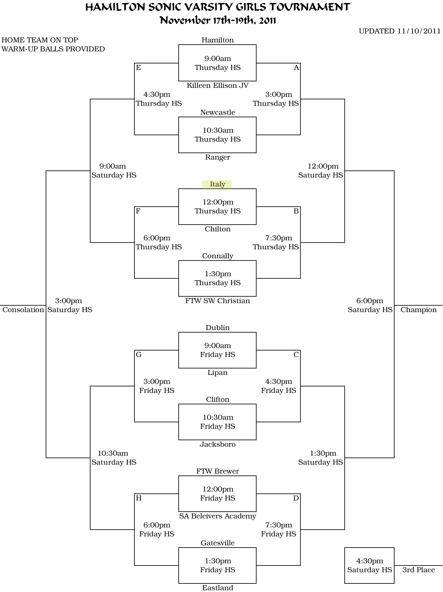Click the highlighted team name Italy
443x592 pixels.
click(217, 184)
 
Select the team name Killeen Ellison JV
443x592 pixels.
click(217, 86)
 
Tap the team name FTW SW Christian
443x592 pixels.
click(217, 301)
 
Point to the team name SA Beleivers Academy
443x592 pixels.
click(217, 516)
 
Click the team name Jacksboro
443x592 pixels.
click(217, 444)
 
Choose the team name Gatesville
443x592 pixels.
click(217, 543)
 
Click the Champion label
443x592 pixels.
click(418, 310)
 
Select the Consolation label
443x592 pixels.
click(23, 310)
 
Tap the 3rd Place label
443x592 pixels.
click(418, 570)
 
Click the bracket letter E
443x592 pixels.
click(138, 68)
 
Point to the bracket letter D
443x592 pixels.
click(296, 498)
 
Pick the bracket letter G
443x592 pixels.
click(138, 355)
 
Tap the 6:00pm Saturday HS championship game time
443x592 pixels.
click(370, 305)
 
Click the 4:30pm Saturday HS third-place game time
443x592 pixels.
click(370, 565)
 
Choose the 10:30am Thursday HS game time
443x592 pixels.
click(217, 135)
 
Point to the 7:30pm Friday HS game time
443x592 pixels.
click(278, 529)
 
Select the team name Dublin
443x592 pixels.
click(217, 328)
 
